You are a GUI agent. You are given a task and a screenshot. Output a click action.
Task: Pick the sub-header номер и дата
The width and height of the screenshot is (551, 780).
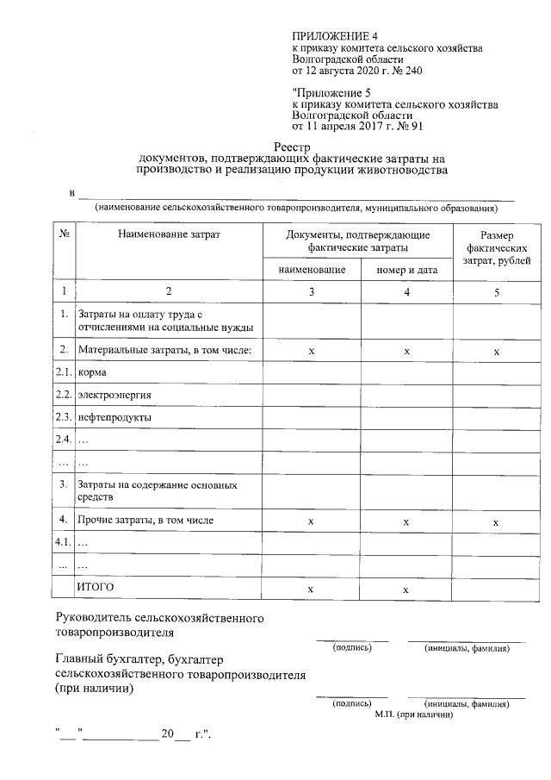coord(407,270)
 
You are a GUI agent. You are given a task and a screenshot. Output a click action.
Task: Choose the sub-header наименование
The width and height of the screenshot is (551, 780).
coord(312,270)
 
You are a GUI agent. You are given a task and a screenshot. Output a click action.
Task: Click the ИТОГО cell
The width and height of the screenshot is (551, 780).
coord(96,587)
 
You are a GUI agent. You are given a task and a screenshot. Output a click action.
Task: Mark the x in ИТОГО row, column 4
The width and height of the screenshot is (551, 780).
coord(406,589)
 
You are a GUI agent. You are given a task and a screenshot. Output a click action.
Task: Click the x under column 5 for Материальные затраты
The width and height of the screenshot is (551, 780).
coord(496,352)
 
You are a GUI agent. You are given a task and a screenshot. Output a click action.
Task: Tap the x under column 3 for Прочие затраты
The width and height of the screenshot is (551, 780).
coord(311,522)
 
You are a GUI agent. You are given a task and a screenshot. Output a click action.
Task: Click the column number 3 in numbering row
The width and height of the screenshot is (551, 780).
coord(312,292)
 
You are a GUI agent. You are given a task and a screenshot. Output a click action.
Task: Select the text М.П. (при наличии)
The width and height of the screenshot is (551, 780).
coord(414,714)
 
